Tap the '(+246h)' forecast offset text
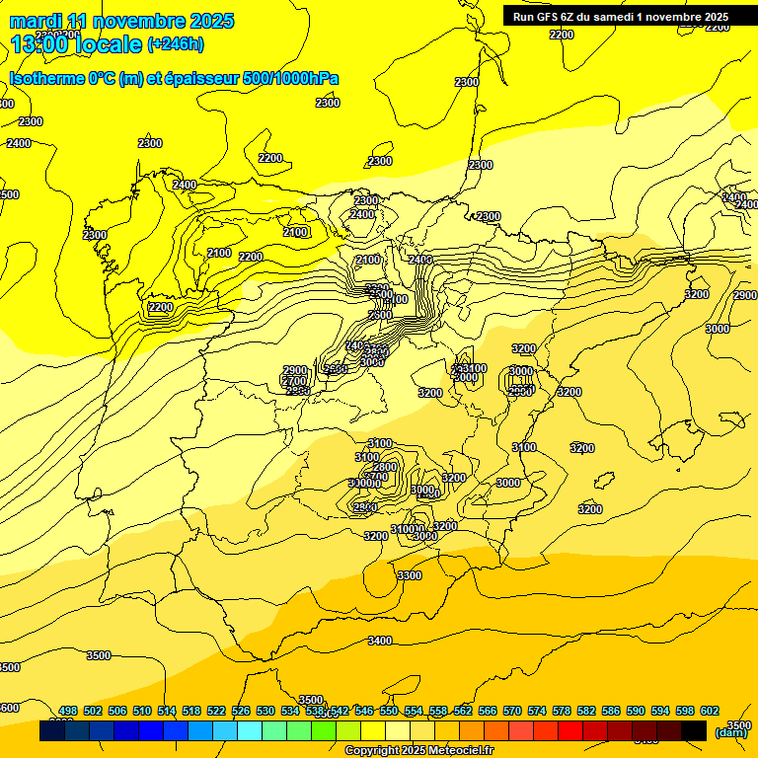click(176, 44)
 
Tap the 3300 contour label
click(409, 575)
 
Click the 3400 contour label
click(379, 641)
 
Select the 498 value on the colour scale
click(68, 712)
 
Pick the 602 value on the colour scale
click(710, 712)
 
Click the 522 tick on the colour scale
click(216, 712)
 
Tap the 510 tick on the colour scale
click(142, 712)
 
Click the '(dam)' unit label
click(730, 732)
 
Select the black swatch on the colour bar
click(693, 730)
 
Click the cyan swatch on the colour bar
click(249, 730)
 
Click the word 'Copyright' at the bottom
click(372, 751)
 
